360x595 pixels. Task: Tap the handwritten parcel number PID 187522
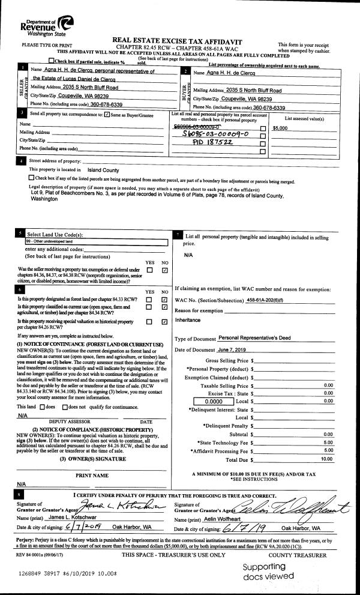202,143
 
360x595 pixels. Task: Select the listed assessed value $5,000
280,128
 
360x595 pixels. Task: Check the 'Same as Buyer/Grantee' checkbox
107,114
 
